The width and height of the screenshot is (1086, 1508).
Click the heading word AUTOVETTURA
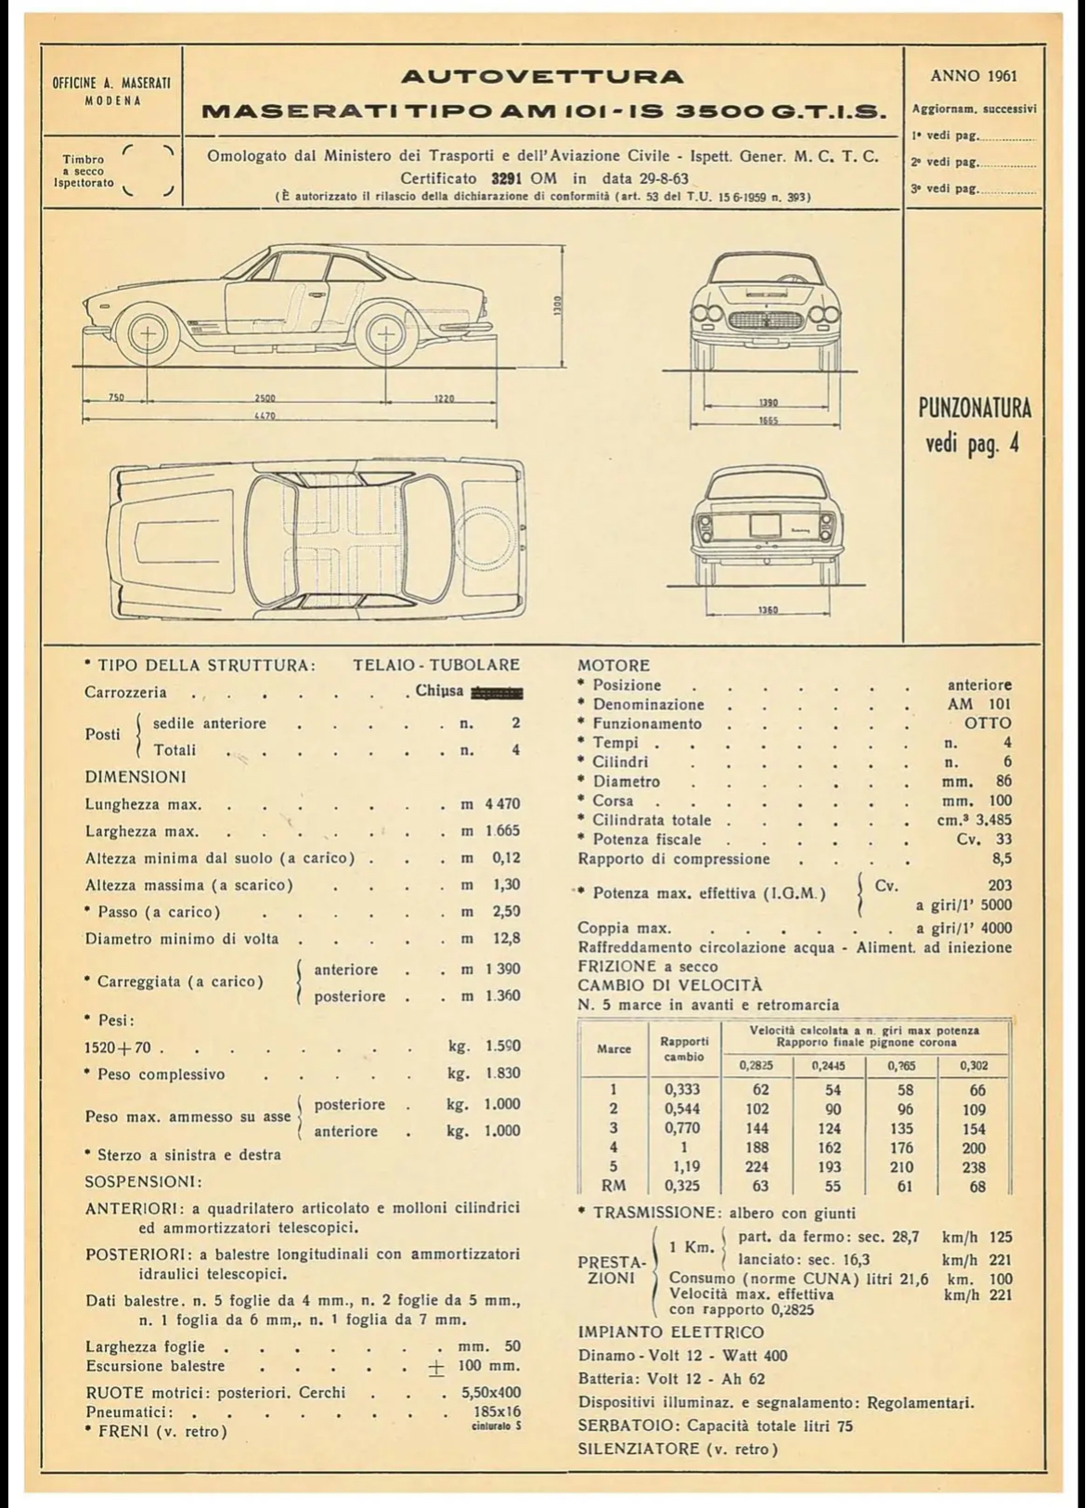[542, 76]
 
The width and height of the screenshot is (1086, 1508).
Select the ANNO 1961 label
[973, 75]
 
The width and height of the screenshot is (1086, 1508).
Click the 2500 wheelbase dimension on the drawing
[265, 398]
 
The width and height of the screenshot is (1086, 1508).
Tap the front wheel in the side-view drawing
[148, 335]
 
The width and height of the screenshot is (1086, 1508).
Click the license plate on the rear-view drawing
[767, 526]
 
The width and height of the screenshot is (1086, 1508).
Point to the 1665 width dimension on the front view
[768, 421]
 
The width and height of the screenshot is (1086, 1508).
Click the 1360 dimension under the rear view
[768, 610]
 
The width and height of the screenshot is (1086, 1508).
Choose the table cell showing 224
[758, 1167]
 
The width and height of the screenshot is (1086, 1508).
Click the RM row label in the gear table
[614, 1186]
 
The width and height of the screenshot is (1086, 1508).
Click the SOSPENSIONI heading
[143, 1182]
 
